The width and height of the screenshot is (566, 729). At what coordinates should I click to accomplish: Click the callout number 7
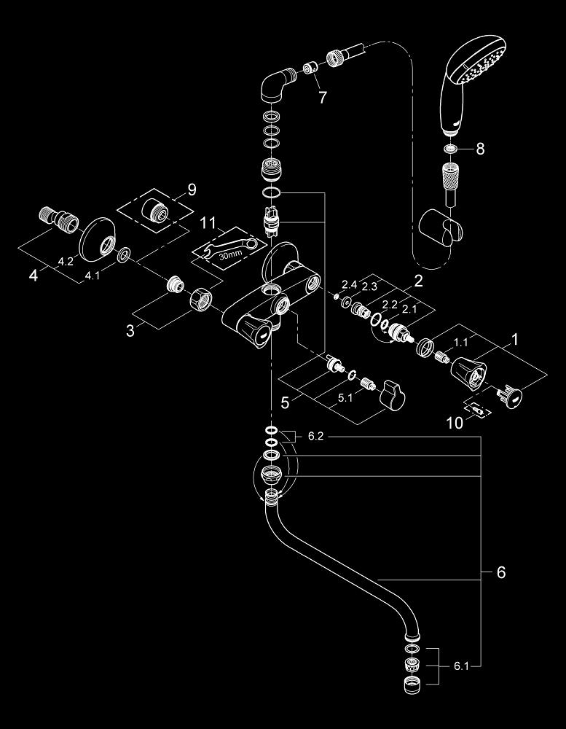tap(323, 97)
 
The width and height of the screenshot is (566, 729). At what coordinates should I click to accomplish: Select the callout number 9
tap(192, 190)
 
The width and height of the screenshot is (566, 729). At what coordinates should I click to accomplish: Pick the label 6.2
tap(315, 437)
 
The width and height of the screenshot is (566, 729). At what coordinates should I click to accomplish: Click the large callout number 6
tap(500, 572)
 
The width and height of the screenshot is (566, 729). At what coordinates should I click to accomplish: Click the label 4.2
tap(65, 260)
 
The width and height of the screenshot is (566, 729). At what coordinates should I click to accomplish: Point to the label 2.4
tap(348, 284)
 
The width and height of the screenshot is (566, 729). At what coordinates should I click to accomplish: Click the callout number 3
tap(130, 330)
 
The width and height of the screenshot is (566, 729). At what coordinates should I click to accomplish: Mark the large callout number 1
tap(515, 340)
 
